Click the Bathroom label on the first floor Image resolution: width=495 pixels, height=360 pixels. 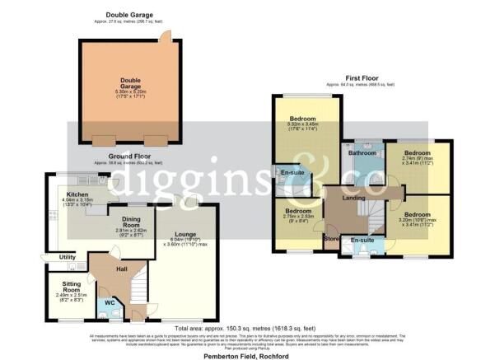(362, 153)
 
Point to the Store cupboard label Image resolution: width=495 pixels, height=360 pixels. (332, 240)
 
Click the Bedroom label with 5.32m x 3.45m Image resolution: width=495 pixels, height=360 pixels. (304, 119)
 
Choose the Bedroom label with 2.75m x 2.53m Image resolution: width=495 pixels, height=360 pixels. (298, 211)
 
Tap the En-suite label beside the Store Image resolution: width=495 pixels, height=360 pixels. (362, 241)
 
